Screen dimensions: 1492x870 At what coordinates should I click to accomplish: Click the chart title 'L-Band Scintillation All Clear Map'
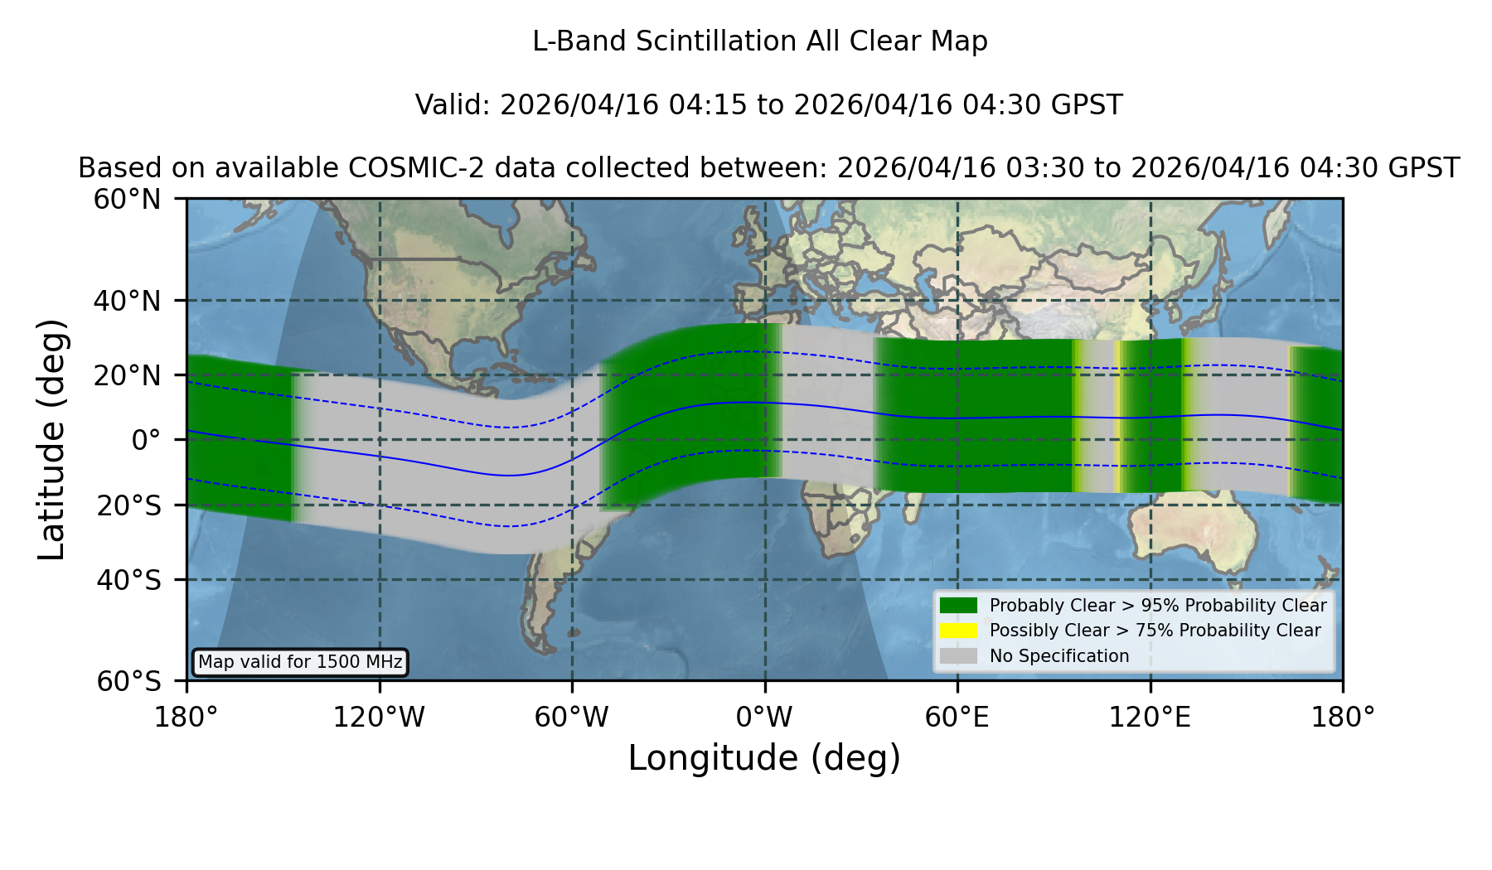coord(759,41)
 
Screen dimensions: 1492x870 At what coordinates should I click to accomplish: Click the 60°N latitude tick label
coord(128,200)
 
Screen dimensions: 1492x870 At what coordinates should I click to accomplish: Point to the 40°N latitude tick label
coord(128,301)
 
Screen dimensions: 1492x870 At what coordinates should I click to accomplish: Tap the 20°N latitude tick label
coord(128,375)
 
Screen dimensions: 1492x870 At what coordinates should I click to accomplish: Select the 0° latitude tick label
coord(146,440)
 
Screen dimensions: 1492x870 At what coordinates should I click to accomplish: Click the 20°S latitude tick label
coord(128,505)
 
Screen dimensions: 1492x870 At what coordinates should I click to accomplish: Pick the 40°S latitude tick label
coord(128,580)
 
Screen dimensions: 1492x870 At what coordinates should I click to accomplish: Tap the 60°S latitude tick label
coord(128,681)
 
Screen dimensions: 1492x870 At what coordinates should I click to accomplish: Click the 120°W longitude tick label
coord(379,718)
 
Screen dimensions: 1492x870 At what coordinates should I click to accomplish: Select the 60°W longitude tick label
coord(572,718)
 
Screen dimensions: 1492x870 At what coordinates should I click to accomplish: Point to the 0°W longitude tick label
coord(764,718)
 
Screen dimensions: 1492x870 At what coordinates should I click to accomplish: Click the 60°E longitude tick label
coord(957,718)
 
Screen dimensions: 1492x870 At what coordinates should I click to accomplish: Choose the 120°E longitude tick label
coord(1150,718)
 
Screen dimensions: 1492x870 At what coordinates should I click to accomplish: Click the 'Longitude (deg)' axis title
coord(764,758)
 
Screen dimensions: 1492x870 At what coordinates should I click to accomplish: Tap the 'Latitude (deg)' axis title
coord(51,439)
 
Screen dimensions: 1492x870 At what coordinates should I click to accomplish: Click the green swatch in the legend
coord(959,606)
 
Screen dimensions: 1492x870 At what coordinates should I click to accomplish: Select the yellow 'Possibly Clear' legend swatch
coord(959,631)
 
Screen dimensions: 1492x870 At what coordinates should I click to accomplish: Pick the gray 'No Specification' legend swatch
coord(959,656)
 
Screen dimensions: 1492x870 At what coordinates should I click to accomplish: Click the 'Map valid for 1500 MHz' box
coord(300,662)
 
